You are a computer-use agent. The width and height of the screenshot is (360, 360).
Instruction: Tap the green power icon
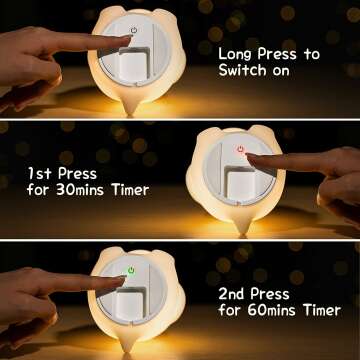point(131,270)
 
